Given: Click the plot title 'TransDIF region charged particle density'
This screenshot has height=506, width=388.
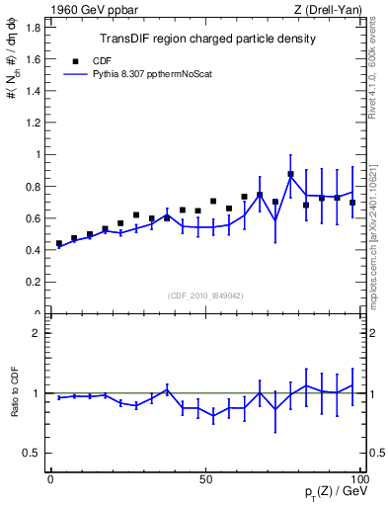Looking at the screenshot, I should click(207, 40).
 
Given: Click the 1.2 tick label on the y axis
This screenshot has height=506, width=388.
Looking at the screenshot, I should click(32, 123).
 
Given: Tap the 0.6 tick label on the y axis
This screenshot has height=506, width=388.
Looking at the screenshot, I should click(32, 218).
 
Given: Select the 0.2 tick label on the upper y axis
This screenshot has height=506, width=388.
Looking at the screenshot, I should click(32, 283).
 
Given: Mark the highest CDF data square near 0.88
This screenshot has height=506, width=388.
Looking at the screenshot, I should click(290, 174).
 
